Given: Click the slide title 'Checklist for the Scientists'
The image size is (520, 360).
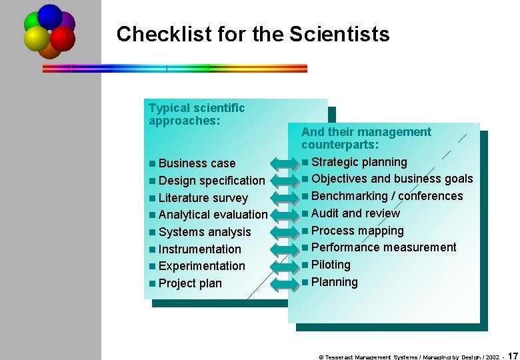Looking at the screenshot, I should pyautogui.click(x=253, y=34).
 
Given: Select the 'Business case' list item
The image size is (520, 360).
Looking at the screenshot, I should pyautogui.click(x=197, y=163).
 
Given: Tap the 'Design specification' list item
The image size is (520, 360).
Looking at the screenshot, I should pyautogui.click(x=211, y=181).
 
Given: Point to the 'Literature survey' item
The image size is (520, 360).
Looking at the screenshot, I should pyautogui.click(x=203, y=198).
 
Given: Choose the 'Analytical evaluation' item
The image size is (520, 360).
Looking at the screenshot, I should pyautogui.click(x=213, y=215).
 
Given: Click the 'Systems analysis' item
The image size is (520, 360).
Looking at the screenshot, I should pyautogui.click(x=205, y=232).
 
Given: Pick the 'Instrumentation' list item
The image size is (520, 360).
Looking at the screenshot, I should pyautogui.click(x=199, y=249).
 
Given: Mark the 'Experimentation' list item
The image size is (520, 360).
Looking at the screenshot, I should pyautogui.click(x=201, y=266).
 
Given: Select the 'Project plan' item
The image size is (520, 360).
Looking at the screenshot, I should pyautogui.click(x=190, y=283).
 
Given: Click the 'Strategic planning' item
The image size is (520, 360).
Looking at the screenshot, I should pyautogui.click(x=359, y=162).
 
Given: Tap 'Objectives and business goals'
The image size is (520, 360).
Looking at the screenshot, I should pyautogui.click(x=391, y=179).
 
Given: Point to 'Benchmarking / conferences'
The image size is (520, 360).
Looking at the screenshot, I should pyautogui.click(x=387, y=196).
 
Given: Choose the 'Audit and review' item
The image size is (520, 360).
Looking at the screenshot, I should pyautogui.click(x=355, y=213).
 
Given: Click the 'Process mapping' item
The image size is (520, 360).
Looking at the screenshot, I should pyautogui.click(x=357, y=231).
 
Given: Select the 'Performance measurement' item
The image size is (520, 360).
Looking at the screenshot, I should pyautogui.click(x=383, y=247).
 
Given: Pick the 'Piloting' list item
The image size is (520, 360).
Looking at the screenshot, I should pyautogui.click(x=331, y=265).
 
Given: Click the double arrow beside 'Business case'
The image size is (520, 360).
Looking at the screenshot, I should pyautogui.click(x=282, y=163).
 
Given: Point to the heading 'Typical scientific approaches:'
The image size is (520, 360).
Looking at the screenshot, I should pyautogui.click(x=197, y=114).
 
